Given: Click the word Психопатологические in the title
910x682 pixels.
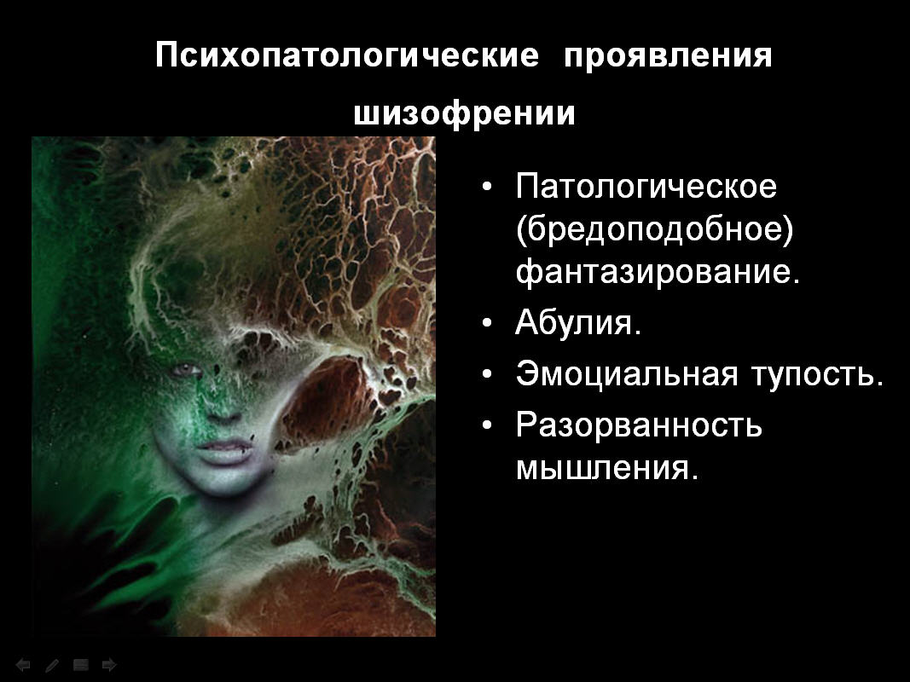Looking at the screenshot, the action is tap(347, 56).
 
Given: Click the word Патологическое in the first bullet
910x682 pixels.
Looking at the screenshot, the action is tap(646, 186).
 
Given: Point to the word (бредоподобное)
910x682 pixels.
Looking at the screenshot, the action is tap(655, 229).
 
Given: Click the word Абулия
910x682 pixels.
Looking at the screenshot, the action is tap(578, 322).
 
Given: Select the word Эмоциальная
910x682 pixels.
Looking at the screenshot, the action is tap(627, 374).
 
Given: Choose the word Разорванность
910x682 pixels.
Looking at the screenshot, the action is tap(639, 425).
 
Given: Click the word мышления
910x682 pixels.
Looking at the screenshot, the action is tap(606, 469).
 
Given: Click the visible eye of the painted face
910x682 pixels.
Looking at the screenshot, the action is tap(186, 370).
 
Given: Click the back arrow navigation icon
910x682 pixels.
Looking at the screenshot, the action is tap(23, 665).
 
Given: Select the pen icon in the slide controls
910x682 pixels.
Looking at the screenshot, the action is tap(52, 665).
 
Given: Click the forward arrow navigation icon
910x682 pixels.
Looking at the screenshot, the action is tap(109, 665).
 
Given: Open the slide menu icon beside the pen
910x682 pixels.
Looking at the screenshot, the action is tap(81, 665).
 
